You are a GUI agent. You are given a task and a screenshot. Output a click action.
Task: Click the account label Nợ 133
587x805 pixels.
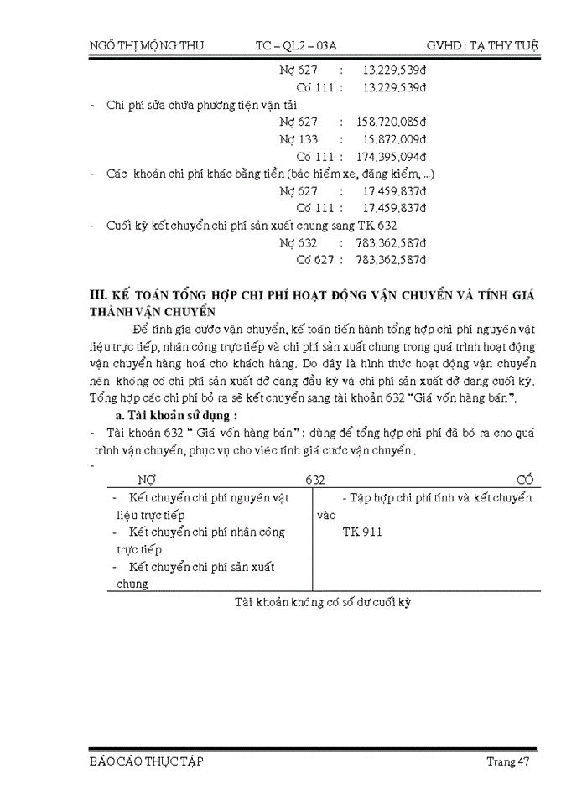click(x=299, y=139)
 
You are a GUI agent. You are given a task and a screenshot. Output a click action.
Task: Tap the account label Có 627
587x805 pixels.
click(x=314, y=260)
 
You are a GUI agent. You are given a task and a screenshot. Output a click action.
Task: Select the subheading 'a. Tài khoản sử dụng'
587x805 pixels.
click(x=177, y=415)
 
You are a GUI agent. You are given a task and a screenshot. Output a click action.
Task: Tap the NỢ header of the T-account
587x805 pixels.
click(x=147, y=480)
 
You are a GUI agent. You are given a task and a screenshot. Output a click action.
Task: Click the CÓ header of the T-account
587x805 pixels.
click(x=526, y=480)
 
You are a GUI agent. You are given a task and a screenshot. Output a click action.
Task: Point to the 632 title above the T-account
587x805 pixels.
click(x=315, y=480)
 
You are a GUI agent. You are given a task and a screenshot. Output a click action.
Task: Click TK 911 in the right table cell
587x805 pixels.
click(x=362, y=532)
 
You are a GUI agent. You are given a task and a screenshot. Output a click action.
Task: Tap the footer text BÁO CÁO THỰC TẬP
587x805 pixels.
click(x=146, y=761)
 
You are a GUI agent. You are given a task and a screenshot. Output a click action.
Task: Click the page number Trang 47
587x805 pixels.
click(x=507, y=761)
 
